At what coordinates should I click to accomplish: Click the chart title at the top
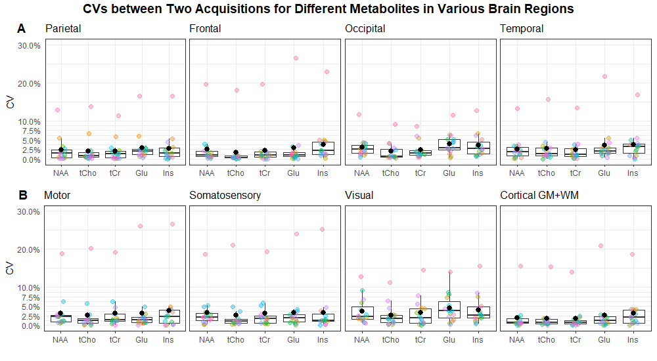pos(328,9)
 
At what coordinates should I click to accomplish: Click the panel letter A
pos(22,29)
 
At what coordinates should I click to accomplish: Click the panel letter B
pos(22,195)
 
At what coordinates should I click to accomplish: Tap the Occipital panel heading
pos(365,29)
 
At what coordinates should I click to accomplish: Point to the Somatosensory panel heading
pos(225,196)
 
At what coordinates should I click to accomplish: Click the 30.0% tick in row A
pos(30,45)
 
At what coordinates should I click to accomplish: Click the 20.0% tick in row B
pos(30,249)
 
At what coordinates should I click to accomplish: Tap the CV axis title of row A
pos(10,102)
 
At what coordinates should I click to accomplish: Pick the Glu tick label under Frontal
pos(294,173)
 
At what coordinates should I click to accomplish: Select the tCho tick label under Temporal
pos(546,173)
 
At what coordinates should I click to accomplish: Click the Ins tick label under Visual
pos(478,339)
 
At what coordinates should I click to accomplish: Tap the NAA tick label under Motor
pos(60,339)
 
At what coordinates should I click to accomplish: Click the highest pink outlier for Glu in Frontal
pos(296,58)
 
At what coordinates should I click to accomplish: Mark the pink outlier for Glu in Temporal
pos(604,76)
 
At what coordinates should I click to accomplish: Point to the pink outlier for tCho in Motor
pos(91,248)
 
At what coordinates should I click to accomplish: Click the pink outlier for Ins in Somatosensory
pos(322,229)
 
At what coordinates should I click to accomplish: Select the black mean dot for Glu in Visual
pos(449,308)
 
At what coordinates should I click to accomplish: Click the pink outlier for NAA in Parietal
pos(58,110)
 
